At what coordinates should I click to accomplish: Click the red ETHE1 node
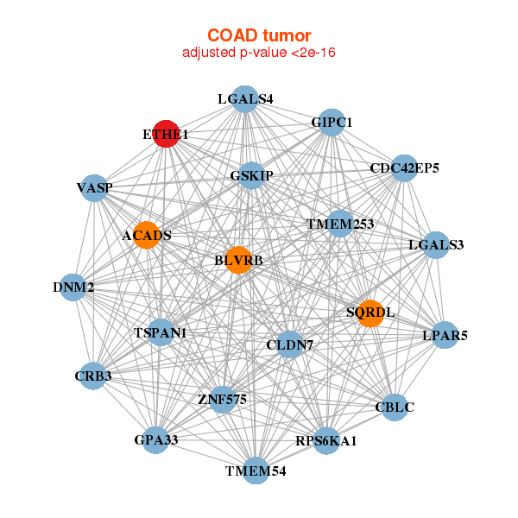(x=166, y=134)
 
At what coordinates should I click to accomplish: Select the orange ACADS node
(x=147, y=236)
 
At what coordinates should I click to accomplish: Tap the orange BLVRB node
(x=238, y=260)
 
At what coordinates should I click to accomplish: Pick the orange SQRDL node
(x=370, y=313)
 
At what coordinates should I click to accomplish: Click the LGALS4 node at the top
(x=245, y=98)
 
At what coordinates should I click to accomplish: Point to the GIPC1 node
(x=332, y=123)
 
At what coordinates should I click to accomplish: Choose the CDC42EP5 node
(x=404, y=167)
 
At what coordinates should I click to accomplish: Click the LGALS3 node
(x=436, y=245)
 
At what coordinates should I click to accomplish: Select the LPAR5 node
(x=445, y=335)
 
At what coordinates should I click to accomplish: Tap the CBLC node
(x=395, y=407)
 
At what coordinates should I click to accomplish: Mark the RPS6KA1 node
(x=325, y=441)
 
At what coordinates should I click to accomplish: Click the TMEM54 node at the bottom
(x=256, y=471)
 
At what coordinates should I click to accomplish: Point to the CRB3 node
(x=92, y=376)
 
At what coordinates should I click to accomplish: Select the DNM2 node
(x=73, y=287)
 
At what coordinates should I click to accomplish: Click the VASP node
(x=94, y=188)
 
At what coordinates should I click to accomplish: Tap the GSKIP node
(x=251, y=176)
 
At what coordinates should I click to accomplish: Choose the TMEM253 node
(x=340, y=224)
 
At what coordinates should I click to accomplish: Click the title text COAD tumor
(x=258, y=35)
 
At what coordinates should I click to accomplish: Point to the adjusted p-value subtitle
(x=258, y=54)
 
